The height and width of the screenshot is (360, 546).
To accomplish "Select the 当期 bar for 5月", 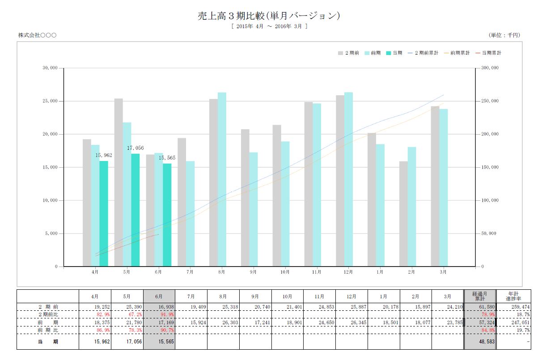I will (x=135, y=210).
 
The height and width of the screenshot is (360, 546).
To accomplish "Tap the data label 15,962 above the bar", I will (x=104, y=155).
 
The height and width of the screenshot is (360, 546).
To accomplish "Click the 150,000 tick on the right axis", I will (x=489, y=167).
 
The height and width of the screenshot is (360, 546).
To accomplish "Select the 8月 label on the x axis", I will (x=221, y=271).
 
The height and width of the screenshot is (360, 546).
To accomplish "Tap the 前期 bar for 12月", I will (x=348, y=179).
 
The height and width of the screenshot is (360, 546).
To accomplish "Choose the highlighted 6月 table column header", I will (x=159, y=296).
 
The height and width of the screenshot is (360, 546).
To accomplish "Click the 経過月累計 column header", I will (x=480, y=296).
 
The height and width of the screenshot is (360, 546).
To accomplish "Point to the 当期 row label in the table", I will (x=48, y=342).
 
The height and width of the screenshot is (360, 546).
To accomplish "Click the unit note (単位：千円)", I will (x=505, y=35).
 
